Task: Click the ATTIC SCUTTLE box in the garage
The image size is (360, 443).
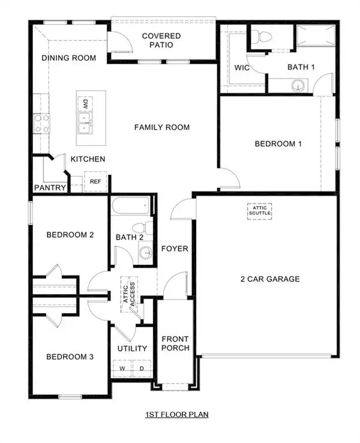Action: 260,210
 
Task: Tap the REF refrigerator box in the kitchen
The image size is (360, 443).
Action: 95,181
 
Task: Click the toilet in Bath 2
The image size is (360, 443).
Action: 140,230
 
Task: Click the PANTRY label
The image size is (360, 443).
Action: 50,188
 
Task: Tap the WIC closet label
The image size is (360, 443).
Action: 242,67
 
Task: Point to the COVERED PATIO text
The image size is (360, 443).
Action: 161,40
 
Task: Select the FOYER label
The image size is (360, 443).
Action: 175,249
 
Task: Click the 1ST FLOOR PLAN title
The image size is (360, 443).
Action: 177,414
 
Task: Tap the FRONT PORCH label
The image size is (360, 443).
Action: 176,343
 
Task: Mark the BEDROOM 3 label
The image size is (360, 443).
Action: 70,357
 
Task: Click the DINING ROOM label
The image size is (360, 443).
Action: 69,58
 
